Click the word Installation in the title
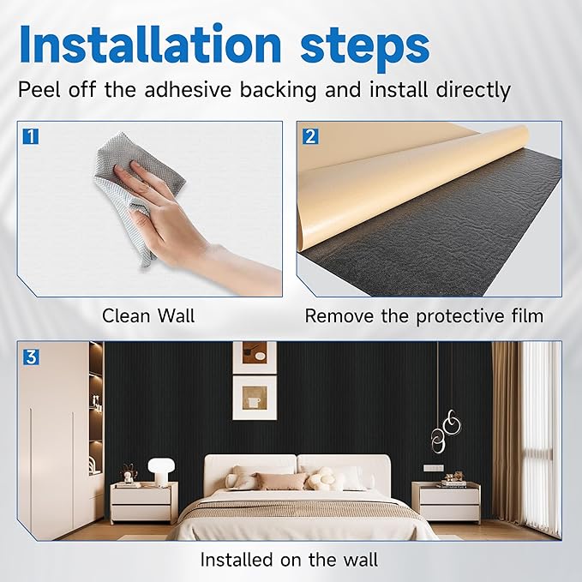[151, 44]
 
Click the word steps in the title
[365, 48]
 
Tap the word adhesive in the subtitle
[188, 89]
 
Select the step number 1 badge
[31, 136]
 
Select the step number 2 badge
[310, 136]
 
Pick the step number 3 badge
[31, 357]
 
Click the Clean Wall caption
[148, 316]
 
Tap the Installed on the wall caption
[289, 560]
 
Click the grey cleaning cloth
[137, 193]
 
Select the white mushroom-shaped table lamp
[161, 471]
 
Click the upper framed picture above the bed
[255, 357]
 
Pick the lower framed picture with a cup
[255, 398]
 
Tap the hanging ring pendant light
[447, 431]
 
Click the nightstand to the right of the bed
[446, 502]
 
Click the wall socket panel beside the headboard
[433, 468]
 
